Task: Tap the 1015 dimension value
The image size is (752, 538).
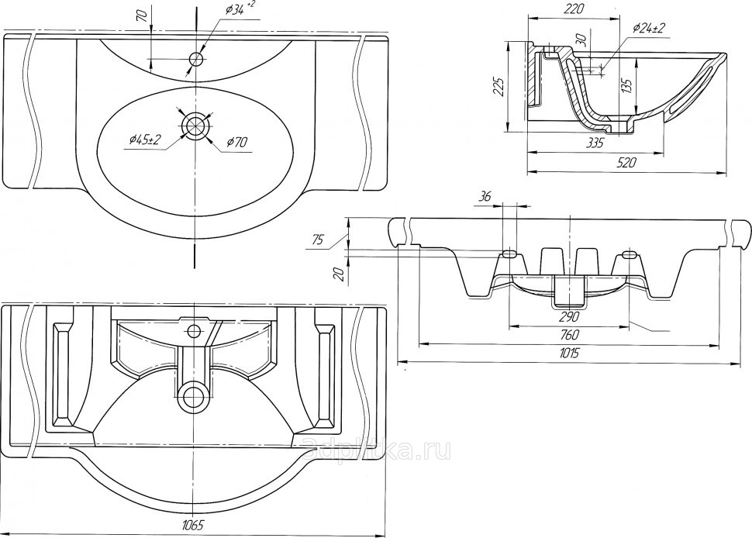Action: coord(570,353)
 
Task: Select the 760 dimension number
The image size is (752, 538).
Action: coord(569,335)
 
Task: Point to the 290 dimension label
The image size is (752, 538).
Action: coord(569,316)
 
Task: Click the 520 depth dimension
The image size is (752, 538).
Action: coord(626,163)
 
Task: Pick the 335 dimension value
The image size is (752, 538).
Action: coord(595,143)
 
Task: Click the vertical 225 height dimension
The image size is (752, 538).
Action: coord(500,87)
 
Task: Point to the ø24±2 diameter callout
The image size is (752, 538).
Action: coord(650,28)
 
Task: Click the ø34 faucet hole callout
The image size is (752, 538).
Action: coord(237,9)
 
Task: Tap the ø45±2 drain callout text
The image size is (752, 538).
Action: coord(143,140)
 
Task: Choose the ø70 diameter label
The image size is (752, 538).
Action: coord(237,142)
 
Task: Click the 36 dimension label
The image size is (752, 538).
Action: coord(486,197)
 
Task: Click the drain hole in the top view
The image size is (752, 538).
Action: coord(197,126)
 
